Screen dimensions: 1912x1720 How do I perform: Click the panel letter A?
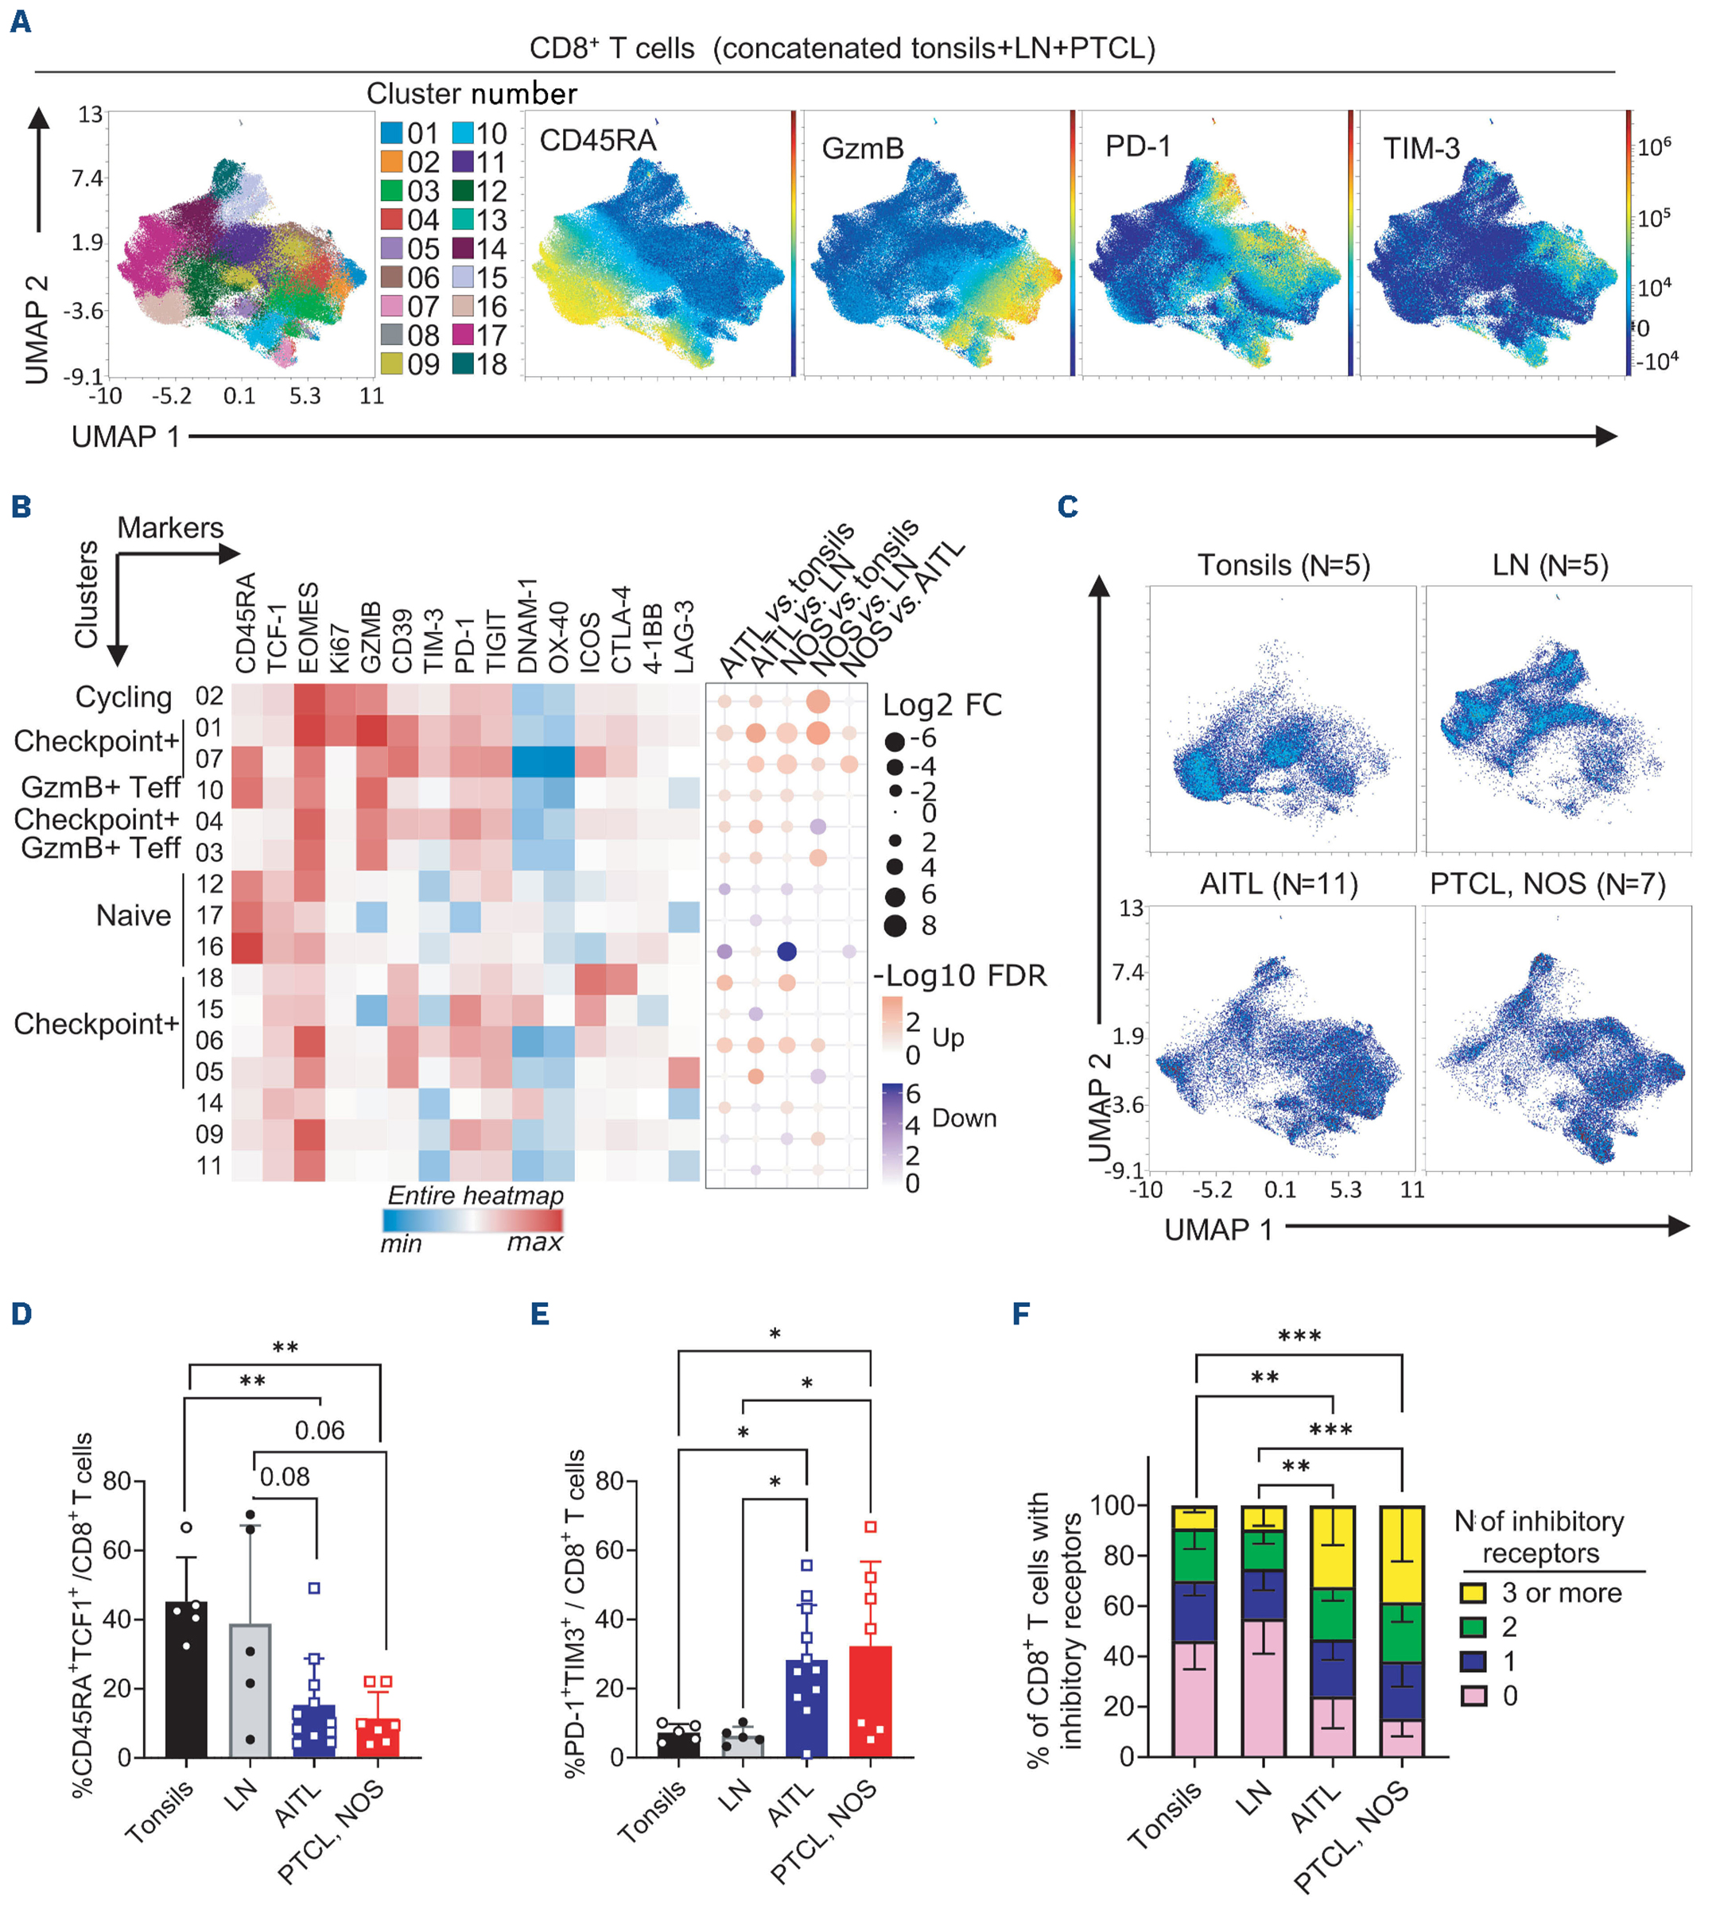tap(20, 21)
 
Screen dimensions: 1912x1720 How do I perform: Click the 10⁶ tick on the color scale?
tap(1654, 146)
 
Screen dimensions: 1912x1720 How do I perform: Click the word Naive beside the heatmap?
tap(134, 915)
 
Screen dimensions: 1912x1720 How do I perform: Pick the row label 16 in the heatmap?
tap(209, 947)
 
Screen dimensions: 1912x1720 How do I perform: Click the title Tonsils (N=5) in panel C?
tap(1283, 565)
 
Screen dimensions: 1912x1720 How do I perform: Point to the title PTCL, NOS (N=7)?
tap(1547, 884)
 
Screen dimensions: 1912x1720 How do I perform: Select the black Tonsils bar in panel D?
tap(186, 1679)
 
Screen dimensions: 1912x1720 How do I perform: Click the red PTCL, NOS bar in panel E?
tap(871, 1701)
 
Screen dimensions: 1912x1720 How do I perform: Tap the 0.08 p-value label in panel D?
tap(285, 1476)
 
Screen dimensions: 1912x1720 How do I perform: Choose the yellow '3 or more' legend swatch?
tap(1473, 1592)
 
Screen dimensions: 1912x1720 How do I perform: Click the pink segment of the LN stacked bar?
tap(1264, 1688)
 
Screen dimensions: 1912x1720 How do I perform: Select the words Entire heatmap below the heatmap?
tap(476, 1196)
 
